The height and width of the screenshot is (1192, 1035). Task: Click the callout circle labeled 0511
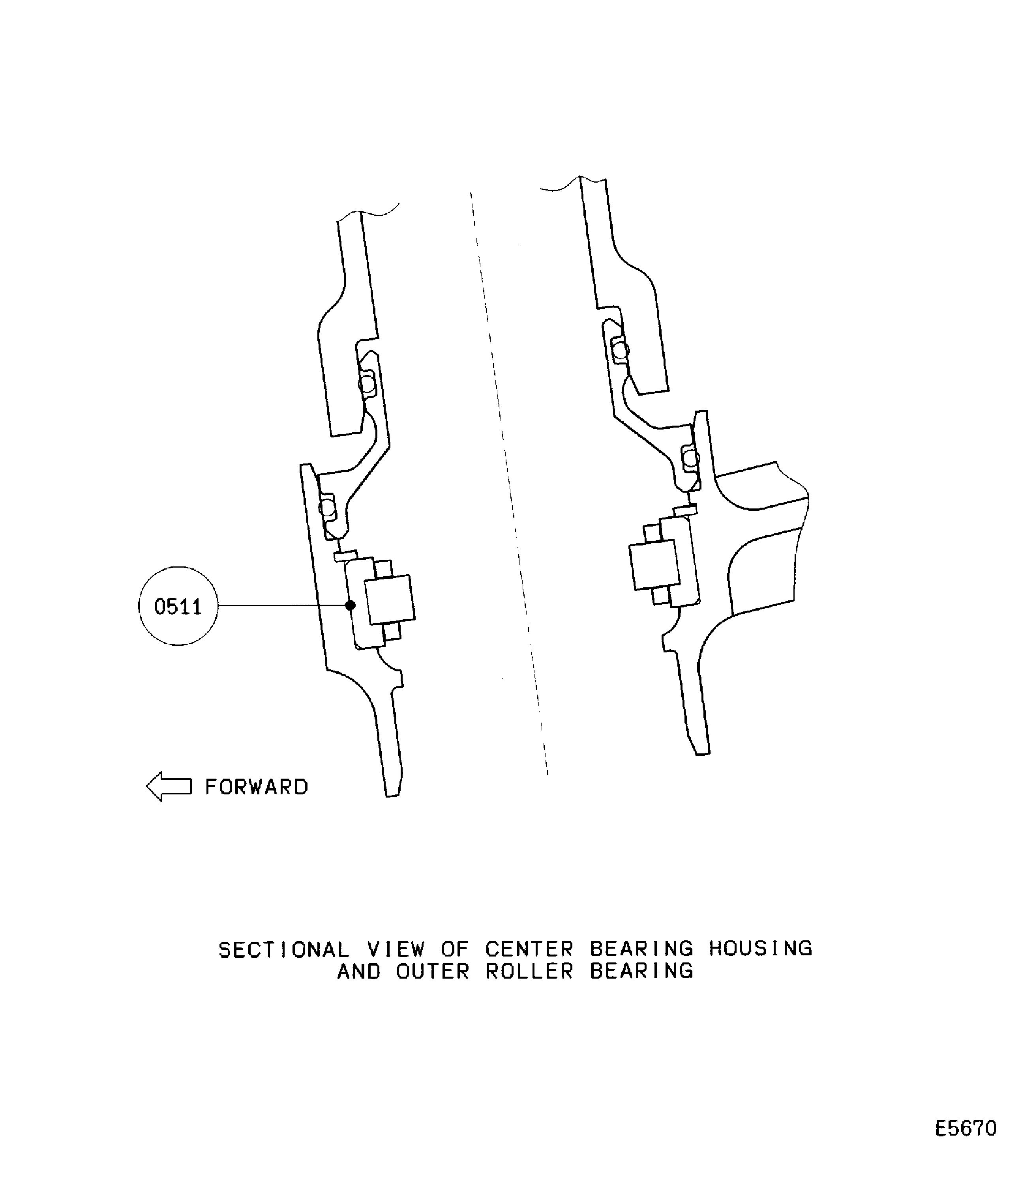(x=178, y=606)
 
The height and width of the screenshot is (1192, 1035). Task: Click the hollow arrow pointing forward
(x=169, y=786)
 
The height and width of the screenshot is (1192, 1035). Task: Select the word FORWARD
(x=257, y=787)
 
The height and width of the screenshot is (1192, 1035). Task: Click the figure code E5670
(x=966, y=1128)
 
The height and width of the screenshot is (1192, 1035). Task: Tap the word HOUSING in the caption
(x=760, y=948)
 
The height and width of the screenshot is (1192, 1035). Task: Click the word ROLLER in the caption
(x=529, y=972)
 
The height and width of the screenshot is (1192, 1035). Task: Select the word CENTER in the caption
(x=529, y=949)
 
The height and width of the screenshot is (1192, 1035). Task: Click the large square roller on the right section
(x=654, y=565)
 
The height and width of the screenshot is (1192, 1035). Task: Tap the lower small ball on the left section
(x=328, y=508)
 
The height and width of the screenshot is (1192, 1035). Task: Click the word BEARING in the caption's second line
(x=641, y=972)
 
